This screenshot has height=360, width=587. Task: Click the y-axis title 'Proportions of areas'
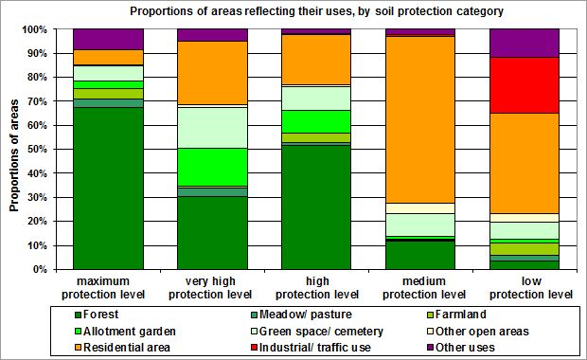pyautogui.click(x=16, y=150)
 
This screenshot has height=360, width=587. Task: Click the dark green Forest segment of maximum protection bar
pyautogui.click(x=108, y=189)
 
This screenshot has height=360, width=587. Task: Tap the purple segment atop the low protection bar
pyautogui.click(x=524, y=43)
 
